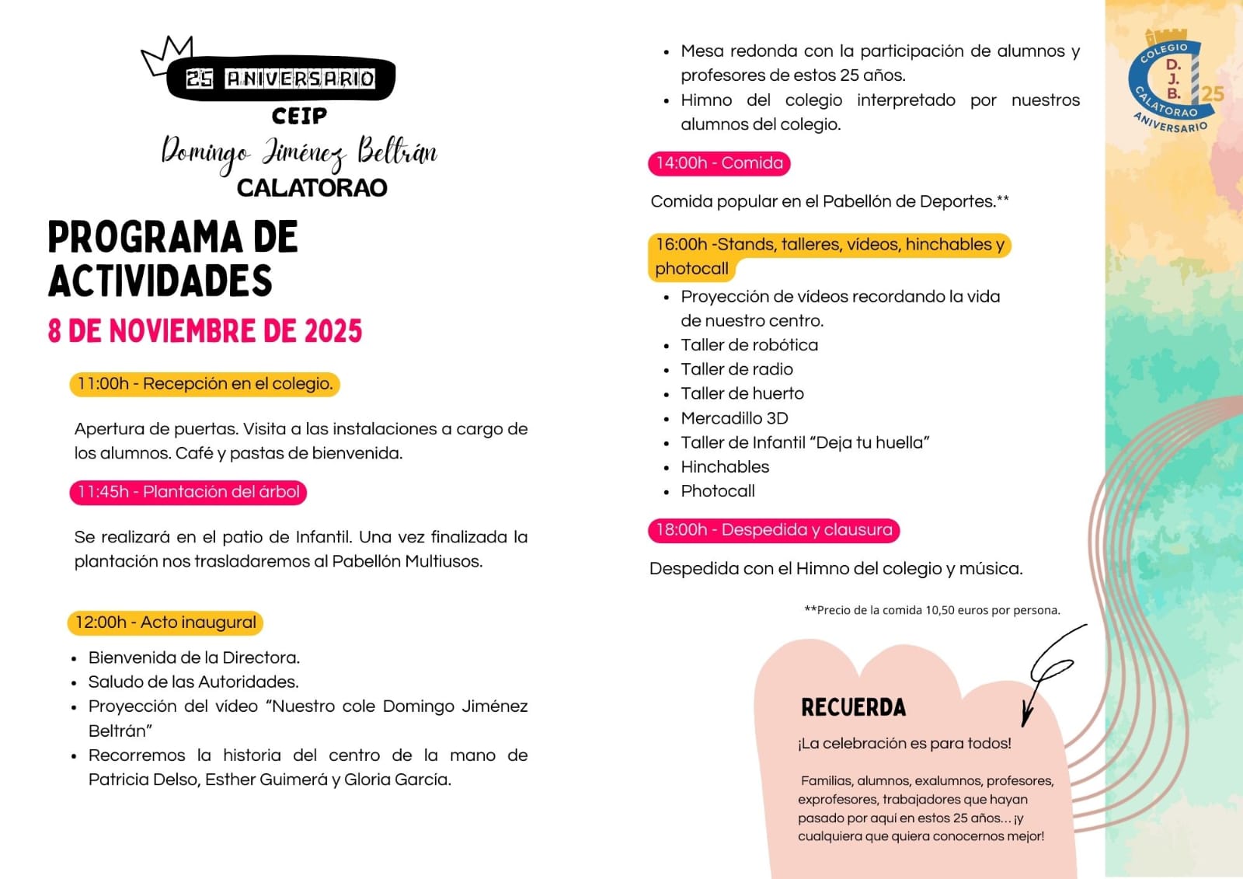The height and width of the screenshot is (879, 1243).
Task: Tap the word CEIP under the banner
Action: [299, 117]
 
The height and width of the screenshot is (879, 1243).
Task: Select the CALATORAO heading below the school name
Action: [312, 188]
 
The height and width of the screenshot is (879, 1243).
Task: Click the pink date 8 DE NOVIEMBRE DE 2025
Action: [205, 331]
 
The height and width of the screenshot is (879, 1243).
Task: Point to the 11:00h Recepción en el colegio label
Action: [205, 384]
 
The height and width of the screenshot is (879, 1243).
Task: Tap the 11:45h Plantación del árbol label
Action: [189, 492]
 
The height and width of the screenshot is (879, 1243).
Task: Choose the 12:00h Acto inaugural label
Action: [165, 623]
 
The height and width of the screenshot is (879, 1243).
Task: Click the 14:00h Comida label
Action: [719, 163]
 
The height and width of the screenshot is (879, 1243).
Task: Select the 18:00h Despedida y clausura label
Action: [774, 530]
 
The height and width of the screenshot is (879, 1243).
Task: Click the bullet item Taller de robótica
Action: [749, 345]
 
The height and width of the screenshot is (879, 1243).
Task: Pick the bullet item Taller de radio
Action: [736, 369]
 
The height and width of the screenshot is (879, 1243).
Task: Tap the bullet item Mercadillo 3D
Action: [734, 418]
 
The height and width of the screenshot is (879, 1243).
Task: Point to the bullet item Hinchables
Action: [725, 467]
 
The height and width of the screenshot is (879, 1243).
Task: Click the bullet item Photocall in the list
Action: [718, 491]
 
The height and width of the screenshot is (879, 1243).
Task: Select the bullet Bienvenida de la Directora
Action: [194, 658]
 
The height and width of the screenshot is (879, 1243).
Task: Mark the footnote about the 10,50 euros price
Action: [932, 610]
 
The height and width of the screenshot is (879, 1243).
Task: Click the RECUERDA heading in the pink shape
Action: [853, 707]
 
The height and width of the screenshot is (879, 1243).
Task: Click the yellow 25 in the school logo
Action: [1212, 94]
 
